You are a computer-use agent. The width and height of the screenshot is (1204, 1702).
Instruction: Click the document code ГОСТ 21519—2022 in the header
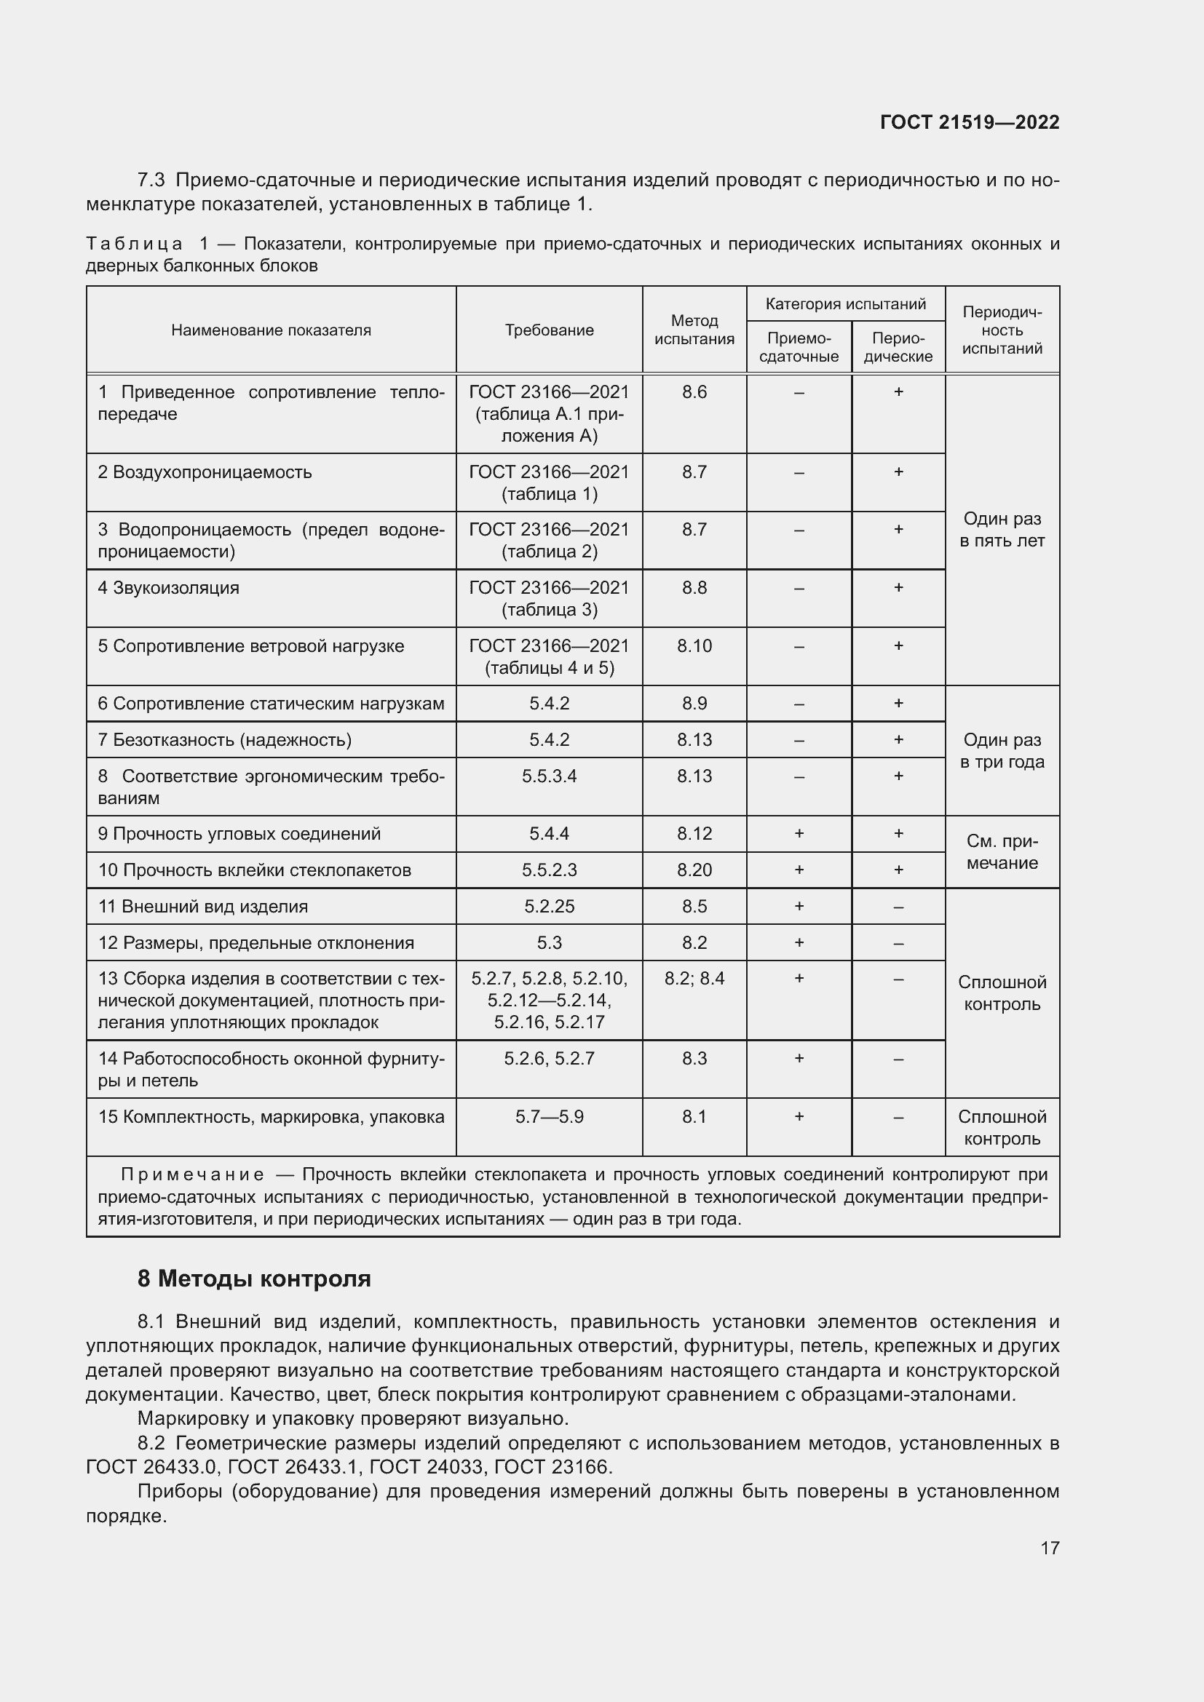969,122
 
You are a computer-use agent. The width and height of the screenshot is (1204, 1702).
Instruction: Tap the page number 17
1049,1548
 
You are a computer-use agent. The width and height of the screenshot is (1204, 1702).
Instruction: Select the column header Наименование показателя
271,330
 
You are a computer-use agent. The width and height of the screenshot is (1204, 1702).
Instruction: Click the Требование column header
549,330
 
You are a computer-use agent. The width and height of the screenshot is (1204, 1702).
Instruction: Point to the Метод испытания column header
694,330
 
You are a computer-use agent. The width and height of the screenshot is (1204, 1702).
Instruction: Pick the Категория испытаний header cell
845,304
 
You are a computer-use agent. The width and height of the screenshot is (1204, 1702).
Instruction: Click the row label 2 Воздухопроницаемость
205,472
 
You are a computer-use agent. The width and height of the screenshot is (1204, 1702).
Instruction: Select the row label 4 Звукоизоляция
168,588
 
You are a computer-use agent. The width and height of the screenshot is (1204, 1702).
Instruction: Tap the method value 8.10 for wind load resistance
694,645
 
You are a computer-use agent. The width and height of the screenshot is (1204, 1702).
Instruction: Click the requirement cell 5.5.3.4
549,776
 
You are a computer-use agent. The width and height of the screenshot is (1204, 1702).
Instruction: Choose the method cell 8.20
694,870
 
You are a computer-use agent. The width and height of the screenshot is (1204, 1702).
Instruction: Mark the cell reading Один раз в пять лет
1002,529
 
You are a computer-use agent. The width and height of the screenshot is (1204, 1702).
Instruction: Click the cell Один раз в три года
1002,750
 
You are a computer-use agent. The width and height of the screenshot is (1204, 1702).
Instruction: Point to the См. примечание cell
1002,852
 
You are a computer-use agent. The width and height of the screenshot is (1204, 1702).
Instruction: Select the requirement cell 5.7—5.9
549,1116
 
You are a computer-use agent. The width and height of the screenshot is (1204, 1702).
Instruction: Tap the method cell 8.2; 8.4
694,979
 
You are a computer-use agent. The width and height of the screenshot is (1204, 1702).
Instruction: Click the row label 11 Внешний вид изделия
203,907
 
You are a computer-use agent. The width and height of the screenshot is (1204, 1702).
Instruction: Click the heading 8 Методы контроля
253,1279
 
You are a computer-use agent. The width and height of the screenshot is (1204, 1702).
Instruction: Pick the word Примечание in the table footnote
192,1174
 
